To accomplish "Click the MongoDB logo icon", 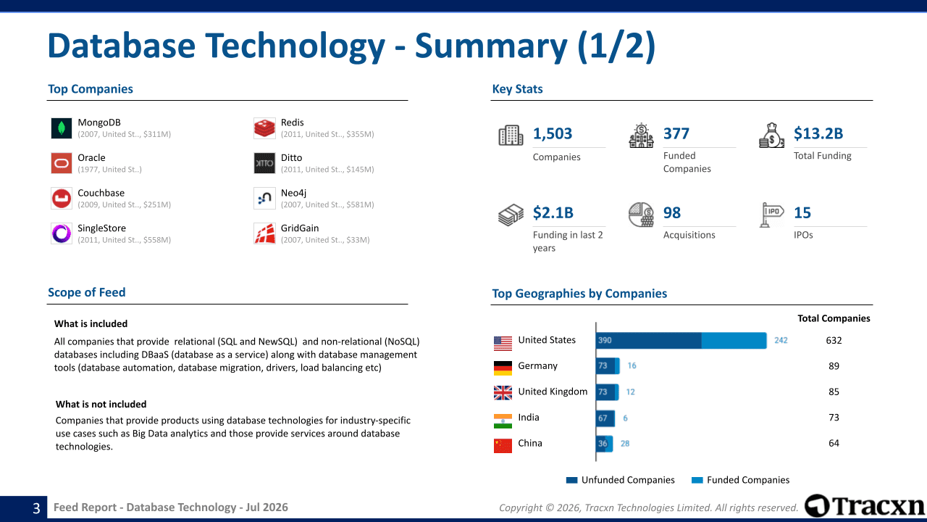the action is point(62,128).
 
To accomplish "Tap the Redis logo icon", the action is point(264,128).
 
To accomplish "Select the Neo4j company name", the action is point(293,193).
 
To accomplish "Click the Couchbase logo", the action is point(62,199).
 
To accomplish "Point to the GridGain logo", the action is point(264,233).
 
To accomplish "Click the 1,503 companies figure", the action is point(553,134).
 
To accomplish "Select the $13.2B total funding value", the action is point(818,134).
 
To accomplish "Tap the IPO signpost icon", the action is point(771,215).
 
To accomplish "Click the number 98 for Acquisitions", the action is point(671,213).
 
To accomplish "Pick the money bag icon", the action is point(771,136).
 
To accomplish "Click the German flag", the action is point(503,368).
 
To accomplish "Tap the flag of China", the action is point(503,446).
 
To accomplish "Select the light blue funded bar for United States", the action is point(734,341).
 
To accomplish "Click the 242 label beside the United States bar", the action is point(781,341).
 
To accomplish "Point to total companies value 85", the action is point(834,392).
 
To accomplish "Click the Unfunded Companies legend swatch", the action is point(571,480).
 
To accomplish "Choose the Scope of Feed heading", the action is point(86,292).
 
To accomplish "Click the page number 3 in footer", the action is point(36,508).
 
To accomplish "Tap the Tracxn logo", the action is point(864,506).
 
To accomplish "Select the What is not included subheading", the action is point(101,405).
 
